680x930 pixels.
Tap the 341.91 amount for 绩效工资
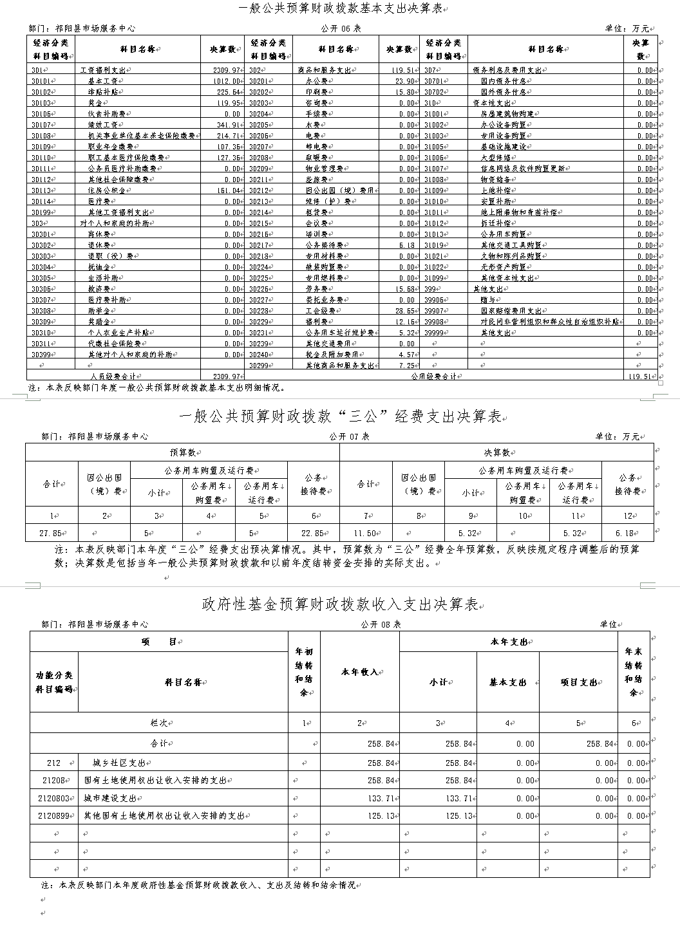(x=229, y=125)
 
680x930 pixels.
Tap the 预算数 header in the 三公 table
(x=182, y=452)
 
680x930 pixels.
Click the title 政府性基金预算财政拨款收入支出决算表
(x=339, y=604)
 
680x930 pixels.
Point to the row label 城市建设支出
(x=110, y=798)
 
